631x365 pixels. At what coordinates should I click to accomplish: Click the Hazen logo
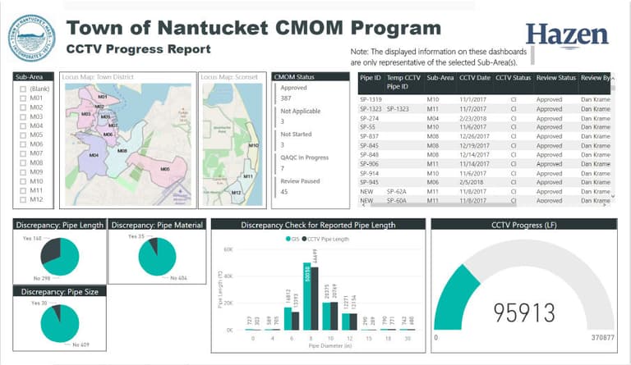point(567,35)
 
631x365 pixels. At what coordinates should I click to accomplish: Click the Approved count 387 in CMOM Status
point(288,98)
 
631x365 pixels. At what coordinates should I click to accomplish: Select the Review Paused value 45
point(285,192)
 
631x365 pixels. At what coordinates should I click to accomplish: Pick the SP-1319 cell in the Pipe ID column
point(370,98)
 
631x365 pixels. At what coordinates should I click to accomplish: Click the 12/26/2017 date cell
point(474,135)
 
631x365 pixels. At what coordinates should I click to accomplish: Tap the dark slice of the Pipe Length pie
point(49,247)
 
